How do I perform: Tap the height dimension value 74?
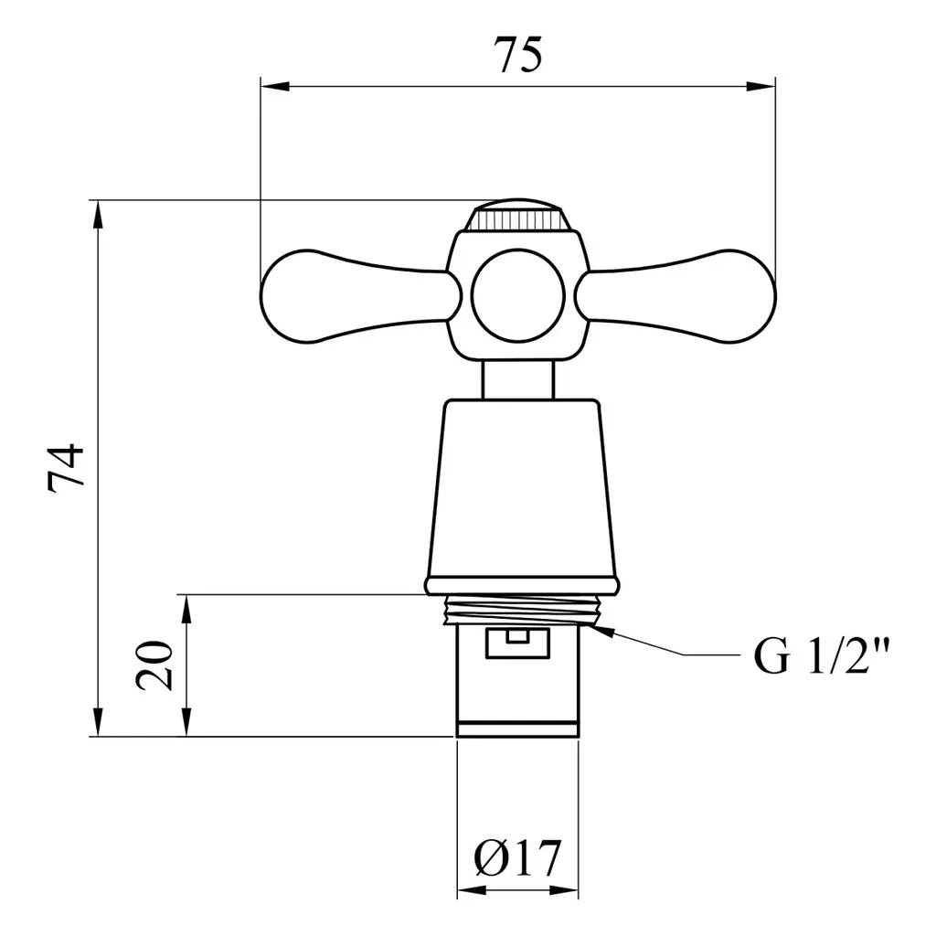(x=66, y=467)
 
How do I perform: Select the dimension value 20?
(x=154, y=665)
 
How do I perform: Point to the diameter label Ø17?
(x=517, y=858)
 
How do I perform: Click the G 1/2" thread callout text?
(x=822, y=655)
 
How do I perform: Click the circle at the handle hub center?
(x=518, y=296)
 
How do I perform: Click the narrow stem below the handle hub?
(x=518, y=379)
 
